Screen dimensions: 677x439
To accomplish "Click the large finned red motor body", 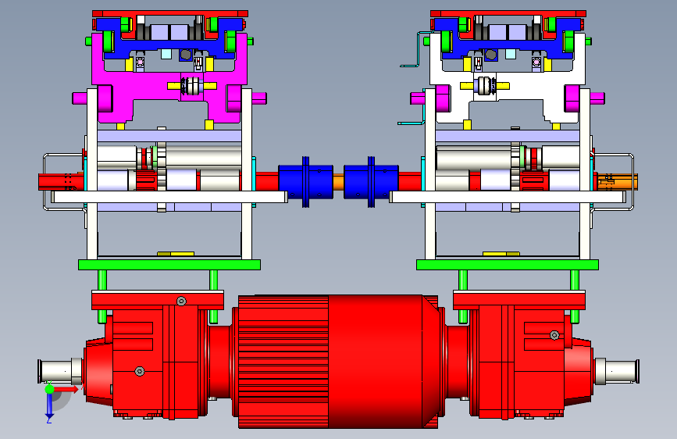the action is pos(337,361).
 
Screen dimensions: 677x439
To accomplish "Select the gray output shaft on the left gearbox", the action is pos(60,371).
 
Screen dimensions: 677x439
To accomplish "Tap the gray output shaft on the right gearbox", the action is pos(617,371).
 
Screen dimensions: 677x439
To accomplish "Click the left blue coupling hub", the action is pos(305,182).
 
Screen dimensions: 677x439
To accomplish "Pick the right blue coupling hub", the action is pos(371,182).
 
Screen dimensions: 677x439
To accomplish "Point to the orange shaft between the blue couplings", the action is pos(339,181).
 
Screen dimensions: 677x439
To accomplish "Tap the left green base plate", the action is pos(169,265).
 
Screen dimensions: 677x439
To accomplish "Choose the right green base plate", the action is pos(508,265).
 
